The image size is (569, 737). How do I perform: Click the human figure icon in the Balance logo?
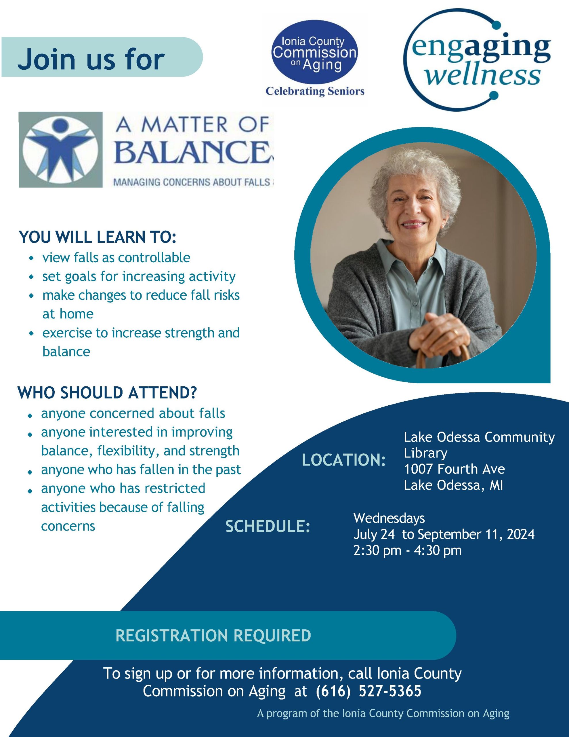point(60,149)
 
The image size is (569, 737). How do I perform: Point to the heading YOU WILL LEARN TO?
point(98,237)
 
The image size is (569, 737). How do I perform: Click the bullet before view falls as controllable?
point(31,258)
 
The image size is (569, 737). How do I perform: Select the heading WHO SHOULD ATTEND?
point(107,393)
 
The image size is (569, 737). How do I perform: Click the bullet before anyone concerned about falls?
point(30,415)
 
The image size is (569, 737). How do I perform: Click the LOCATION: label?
point(344,460)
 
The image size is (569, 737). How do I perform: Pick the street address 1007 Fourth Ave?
point(454,469)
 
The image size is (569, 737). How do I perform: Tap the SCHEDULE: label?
point(268,527)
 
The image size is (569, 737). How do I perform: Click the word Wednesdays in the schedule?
point(389,518)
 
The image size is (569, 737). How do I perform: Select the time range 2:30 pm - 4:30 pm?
point(407,550)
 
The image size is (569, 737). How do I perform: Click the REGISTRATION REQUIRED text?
point(213,635)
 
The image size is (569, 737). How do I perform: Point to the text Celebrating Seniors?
point(315,91)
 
